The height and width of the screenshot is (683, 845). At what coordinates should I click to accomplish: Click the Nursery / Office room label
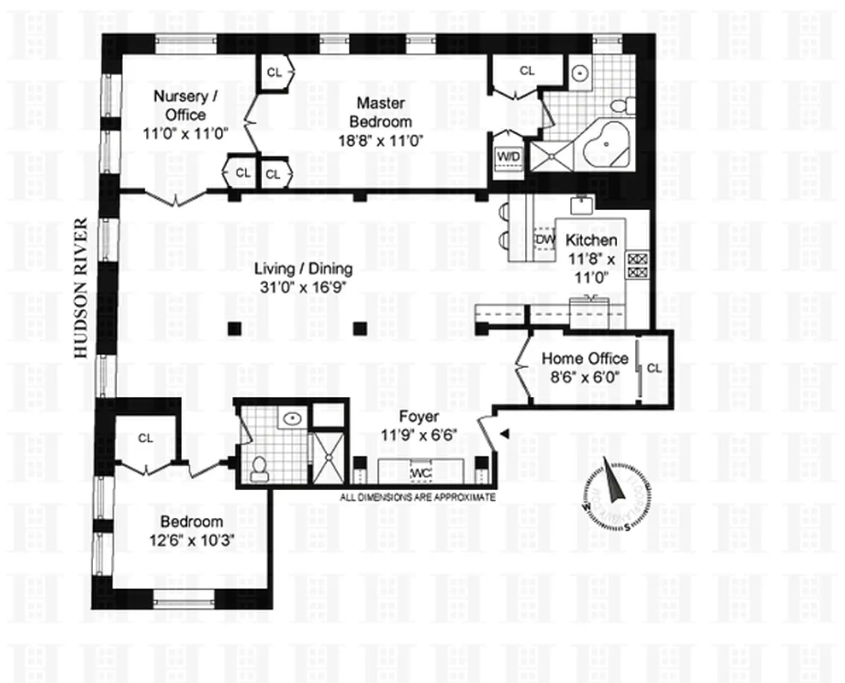179,105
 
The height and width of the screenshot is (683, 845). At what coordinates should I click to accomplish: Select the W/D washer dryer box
508,158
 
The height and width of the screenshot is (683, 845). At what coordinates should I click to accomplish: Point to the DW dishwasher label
544,242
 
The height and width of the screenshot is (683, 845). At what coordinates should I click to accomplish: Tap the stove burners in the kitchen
637,266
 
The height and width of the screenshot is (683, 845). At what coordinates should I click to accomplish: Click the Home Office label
585,359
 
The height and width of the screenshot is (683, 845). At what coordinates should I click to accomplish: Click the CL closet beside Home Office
654,368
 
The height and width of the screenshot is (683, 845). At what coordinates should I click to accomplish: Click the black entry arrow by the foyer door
503,435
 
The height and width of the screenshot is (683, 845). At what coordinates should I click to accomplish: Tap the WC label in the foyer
420,473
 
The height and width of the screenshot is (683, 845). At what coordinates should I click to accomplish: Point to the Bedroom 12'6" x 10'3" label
192,530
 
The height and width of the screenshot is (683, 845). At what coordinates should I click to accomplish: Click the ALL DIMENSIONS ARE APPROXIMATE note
417,497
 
